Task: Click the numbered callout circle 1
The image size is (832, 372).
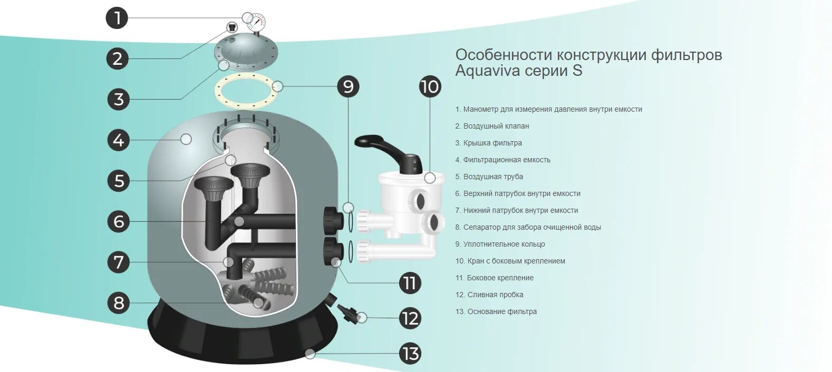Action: pyautogui.click(x=117, y=18)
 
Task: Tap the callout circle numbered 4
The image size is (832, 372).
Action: pyautogui.click(x=119, y=140)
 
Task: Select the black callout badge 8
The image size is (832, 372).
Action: pyautogui.click(x=119, y=303)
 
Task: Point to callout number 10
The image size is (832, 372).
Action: pyautogui.click(x=430, y=86)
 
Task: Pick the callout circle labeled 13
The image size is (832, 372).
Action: pyautogui.click(x=410, y=354)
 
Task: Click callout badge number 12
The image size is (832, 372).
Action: pyautogui.click(x=410, y=319)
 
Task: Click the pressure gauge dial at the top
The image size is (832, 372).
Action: pyautogui.click(x=256, y=22)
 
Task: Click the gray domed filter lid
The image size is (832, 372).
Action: pyautogui.click(x=246, y=51)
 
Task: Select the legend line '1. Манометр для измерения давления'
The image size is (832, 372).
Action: pyautogui.click(x=548, y=109)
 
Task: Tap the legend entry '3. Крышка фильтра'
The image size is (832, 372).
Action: pyautogui.click(x=488, y=143)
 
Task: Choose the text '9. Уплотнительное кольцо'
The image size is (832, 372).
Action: pyautogui.click(x=500, y=244)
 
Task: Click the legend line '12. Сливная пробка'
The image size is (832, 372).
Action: pyautogui.click(x=489, y=295)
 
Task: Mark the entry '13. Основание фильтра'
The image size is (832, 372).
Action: pyautogui.click(x=496, y=311)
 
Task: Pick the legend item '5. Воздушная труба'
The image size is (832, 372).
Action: pyautogui.click(x=489, y=177)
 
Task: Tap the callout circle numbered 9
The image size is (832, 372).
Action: pyautogui.click(x=348, y=86)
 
